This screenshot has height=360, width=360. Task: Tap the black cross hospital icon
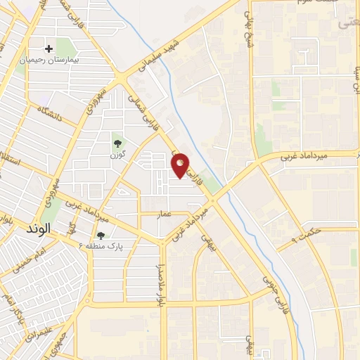coord(49,49)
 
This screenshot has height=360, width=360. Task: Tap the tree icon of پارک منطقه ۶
coord(100,236)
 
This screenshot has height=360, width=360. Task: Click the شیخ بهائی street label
coord(249,24)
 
